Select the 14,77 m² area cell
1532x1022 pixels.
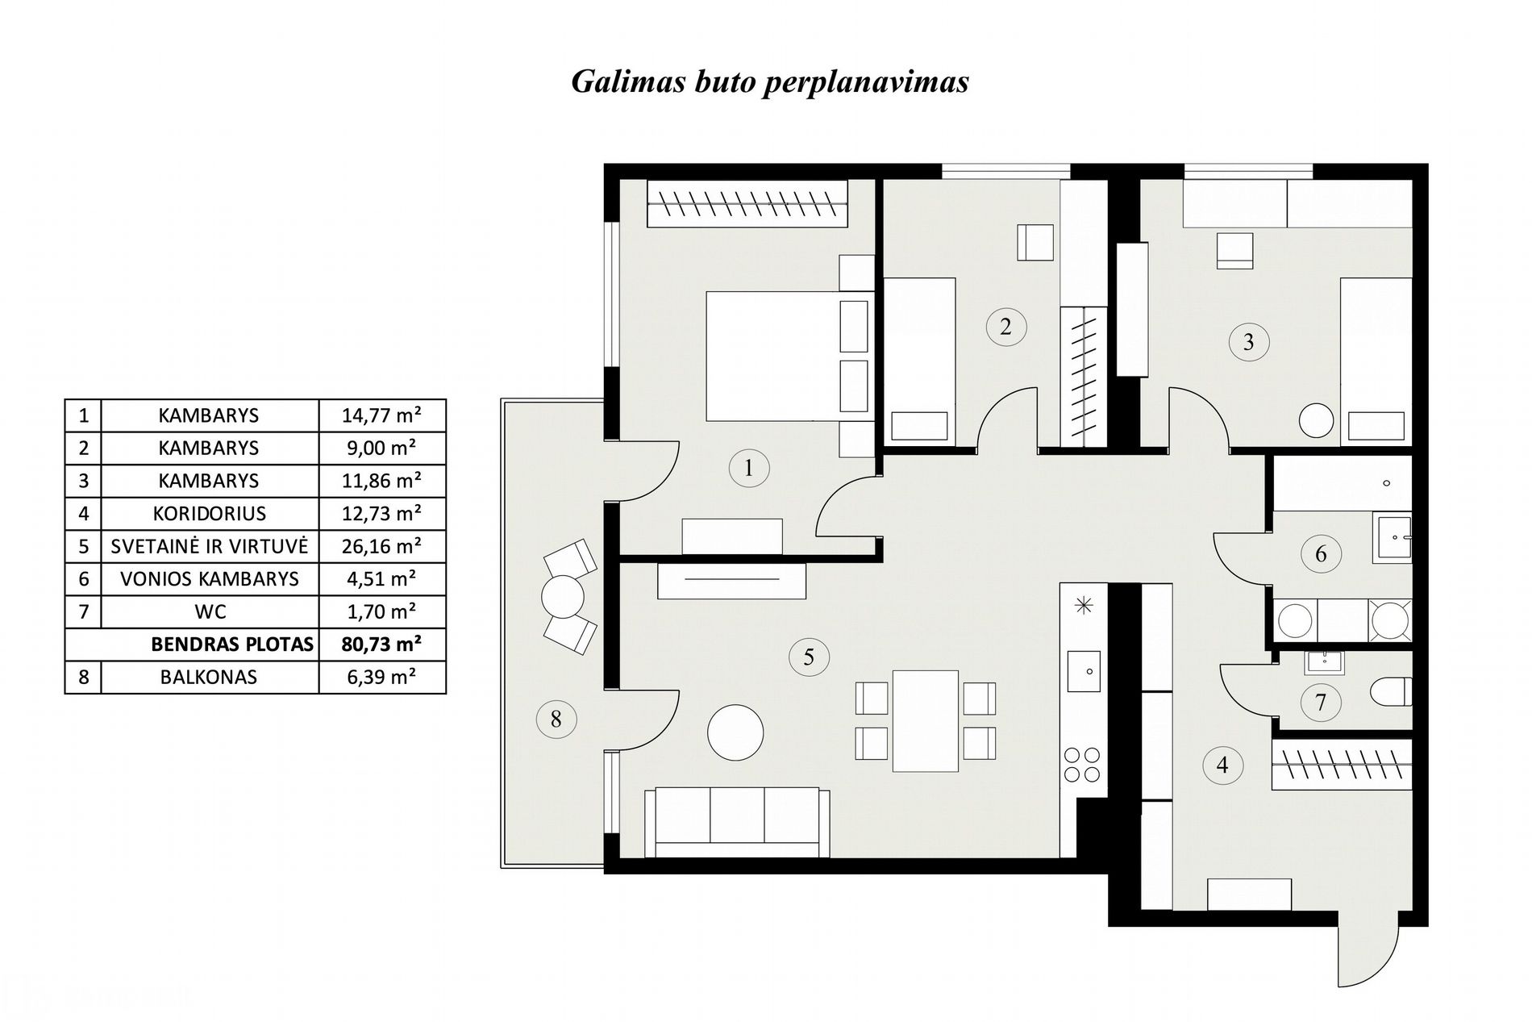click(x=382, y=415)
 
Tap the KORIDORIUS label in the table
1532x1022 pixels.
click(x=210, y=513)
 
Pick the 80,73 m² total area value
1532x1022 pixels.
click(x=382, y=644)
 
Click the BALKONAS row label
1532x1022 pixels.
click(x=210, y=677)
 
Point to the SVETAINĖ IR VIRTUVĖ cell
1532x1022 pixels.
click(x=210, y=546)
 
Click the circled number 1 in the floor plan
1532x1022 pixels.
click(x=748, y=468)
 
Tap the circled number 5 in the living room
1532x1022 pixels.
click(x=809, y=657)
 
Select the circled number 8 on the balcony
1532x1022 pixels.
click(x=556, y=718)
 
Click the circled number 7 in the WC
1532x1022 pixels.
click(x=1320, y=702)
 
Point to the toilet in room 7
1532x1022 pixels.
click(x=1391, y=691)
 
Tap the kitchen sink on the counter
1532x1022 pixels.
click(x=1083, y=671)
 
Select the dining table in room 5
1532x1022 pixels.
click(x=925, y=720)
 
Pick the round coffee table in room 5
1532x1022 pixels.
click(x=735, y=732)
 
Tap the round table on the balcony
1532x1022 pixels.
click(x=562, y=598)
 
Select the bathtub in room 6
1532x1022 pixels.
click(x=1343, y=483)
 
